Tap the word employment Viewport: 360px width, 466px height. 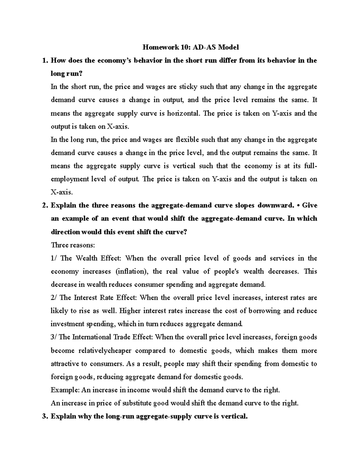[70, 179]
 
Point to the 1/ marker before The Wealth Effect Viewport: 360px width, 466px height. [54, 258]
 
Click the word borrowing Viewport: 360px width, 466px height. [264, 311]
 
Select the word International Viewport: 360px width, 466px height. [91, 337]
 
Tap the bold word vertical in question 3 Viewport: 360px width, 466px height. [233, 416]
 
